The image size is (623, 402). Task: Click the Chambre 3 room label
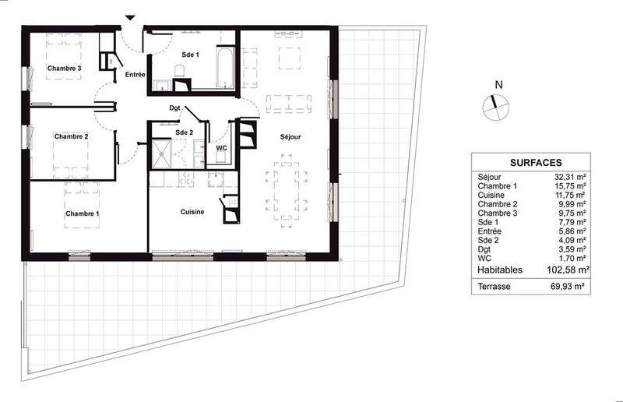[x=64, y=69]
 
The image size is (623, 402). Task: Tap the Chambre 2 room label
[x=71, y=137]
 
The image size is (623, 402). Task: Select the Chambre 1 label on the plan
[x=83, y=213]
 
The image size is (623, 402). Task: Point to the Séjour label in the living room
[x=290, y=137]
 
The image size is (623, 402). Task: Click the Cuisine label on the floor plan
[x=192, y=212]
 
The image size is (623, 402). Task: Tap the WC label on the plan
[x=221, y=147]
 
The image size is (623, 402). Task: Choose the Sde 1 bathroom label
[x=190, y=55]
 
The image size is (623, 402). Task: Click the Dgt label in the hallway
[x=175, y=108]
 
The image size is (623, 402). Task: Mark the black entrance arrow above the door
[x=130, y=18]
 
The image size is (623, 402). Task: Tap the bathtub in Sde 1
[x=224, y=69]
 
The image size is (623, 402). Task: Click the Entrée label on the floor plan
[x=135, y=75]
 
